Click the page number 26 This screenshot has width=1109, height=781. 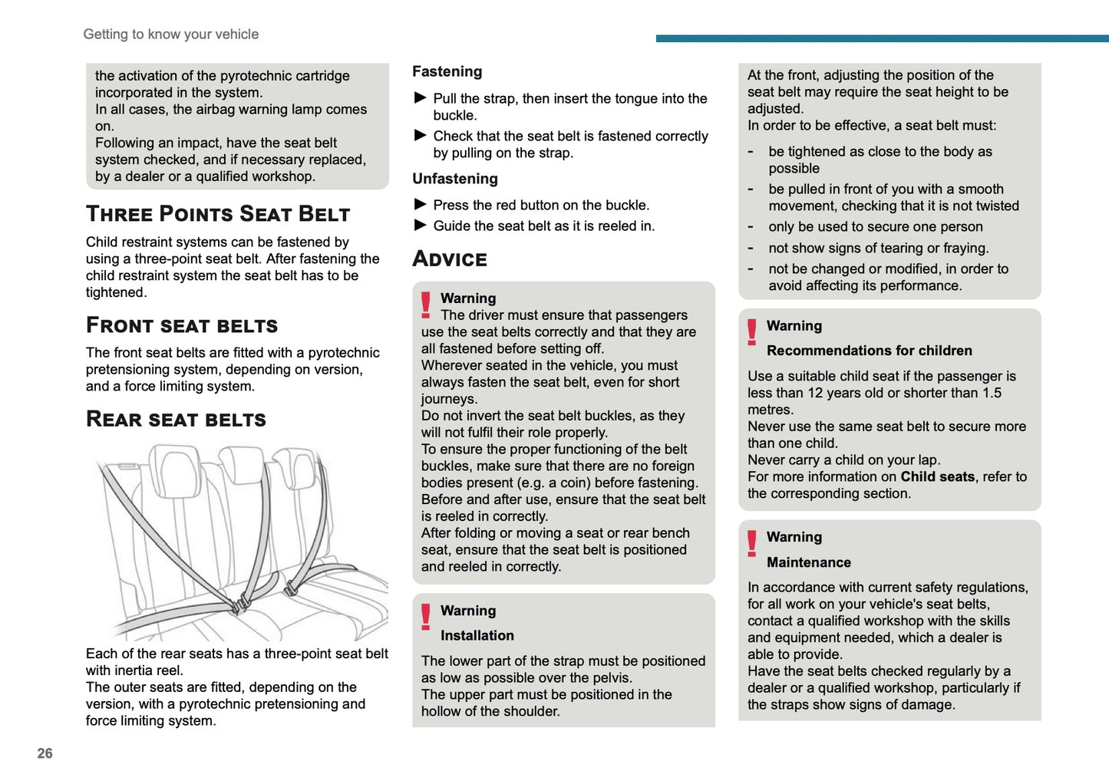coord(45,753)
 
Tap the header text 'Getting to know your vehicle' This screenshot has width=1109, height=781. coord(170,35)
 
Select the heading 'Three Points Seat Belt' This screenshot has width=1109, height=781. coord(218,214)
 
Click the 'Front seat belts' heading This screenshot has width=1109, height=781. coord(182,325)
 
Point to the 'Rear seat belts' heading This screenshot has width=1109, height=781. coord(176,419)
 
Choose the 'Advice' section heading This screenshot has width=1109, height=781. coord(450,259)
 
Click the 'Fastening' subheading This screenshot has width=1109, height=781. coord(447,71)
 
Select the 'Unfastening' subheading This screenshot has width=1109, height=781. coord(455,179)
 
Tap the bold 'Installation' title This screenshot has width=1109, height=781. coord(477,635)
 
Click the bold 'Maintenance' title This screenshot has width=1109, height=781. coord(809,562)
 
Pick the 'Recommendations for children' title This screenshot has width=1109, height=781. coord(870,351)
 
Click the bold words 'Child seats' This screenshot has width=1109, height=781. coord(937,476)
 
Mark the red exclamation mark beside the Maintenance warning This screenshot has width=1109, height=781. coord(752,543)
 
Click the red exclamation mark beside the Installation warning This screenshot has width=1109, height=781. coord(426,617)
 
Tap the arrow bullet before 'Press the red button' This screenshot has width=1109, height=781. coord(421,205)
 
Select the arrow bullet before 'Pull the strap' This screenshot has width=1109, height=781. coord(421,98)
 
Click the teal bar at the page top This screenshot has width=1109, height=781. coord(882,38)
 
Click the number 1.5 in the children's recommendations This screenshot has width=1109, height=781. coord(992,393)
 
